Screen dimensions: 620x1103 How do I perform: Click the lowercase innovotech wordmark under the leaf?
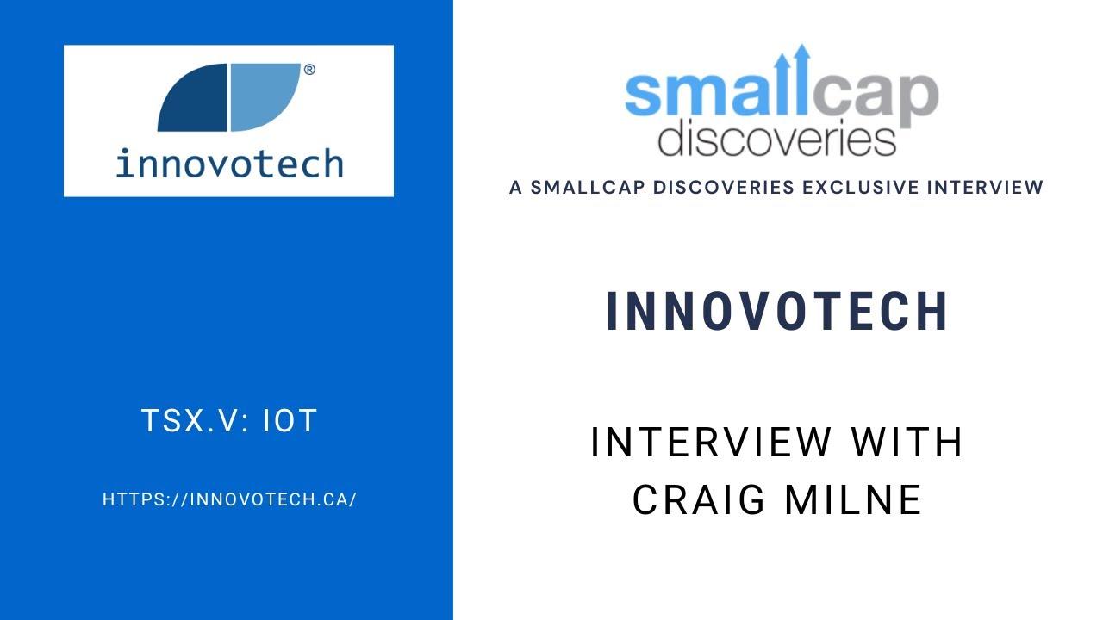pyautogui.click(x=229, y=163)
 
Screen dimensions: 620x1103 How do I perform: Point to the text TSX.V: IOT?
pyautogui.click(x=229, y=421)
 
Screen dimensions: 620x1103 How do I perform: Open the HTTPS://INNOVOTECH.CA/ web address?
pyautogui.click(x=229, y=499)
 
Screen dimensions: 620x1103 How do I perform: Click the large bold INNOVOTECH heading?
pyautogui.click(x=777, y=311)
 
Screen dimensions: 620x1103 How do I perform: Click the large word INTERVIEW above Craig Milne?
pyautogui.click(x=711, y=443)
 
